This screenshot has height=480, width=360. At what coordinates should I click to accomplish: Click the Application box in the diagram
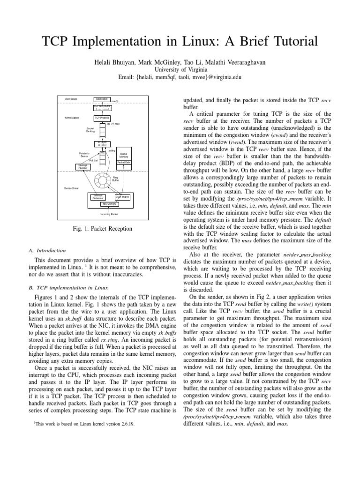click(101, 99)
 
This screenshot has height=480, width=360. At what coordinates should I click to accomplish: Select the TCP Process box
click(102, 118)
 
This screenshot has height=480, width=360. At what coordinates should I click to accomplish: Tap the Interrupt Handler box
click(82, 166)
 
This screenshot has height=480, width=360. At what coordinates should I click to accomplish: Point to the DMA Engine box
click(122, 197)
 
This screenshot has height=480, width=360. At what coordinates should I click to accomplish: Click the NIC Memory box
click(109, 204)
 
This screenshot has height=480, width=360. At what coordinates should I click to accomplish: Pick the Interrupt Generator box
click(98, 197)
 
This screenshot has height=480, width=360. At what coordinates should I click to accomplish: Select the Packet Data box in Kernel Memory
click(124, 162)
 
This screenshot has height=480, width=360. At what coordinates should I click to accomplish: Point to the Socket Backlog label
click(90, 130)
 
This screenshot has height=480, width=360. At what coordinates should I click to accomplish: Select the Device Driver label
click(72, 188)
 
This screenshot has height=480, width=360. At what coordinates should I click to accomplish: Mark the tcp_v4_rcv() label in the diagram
click(113, 124)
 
